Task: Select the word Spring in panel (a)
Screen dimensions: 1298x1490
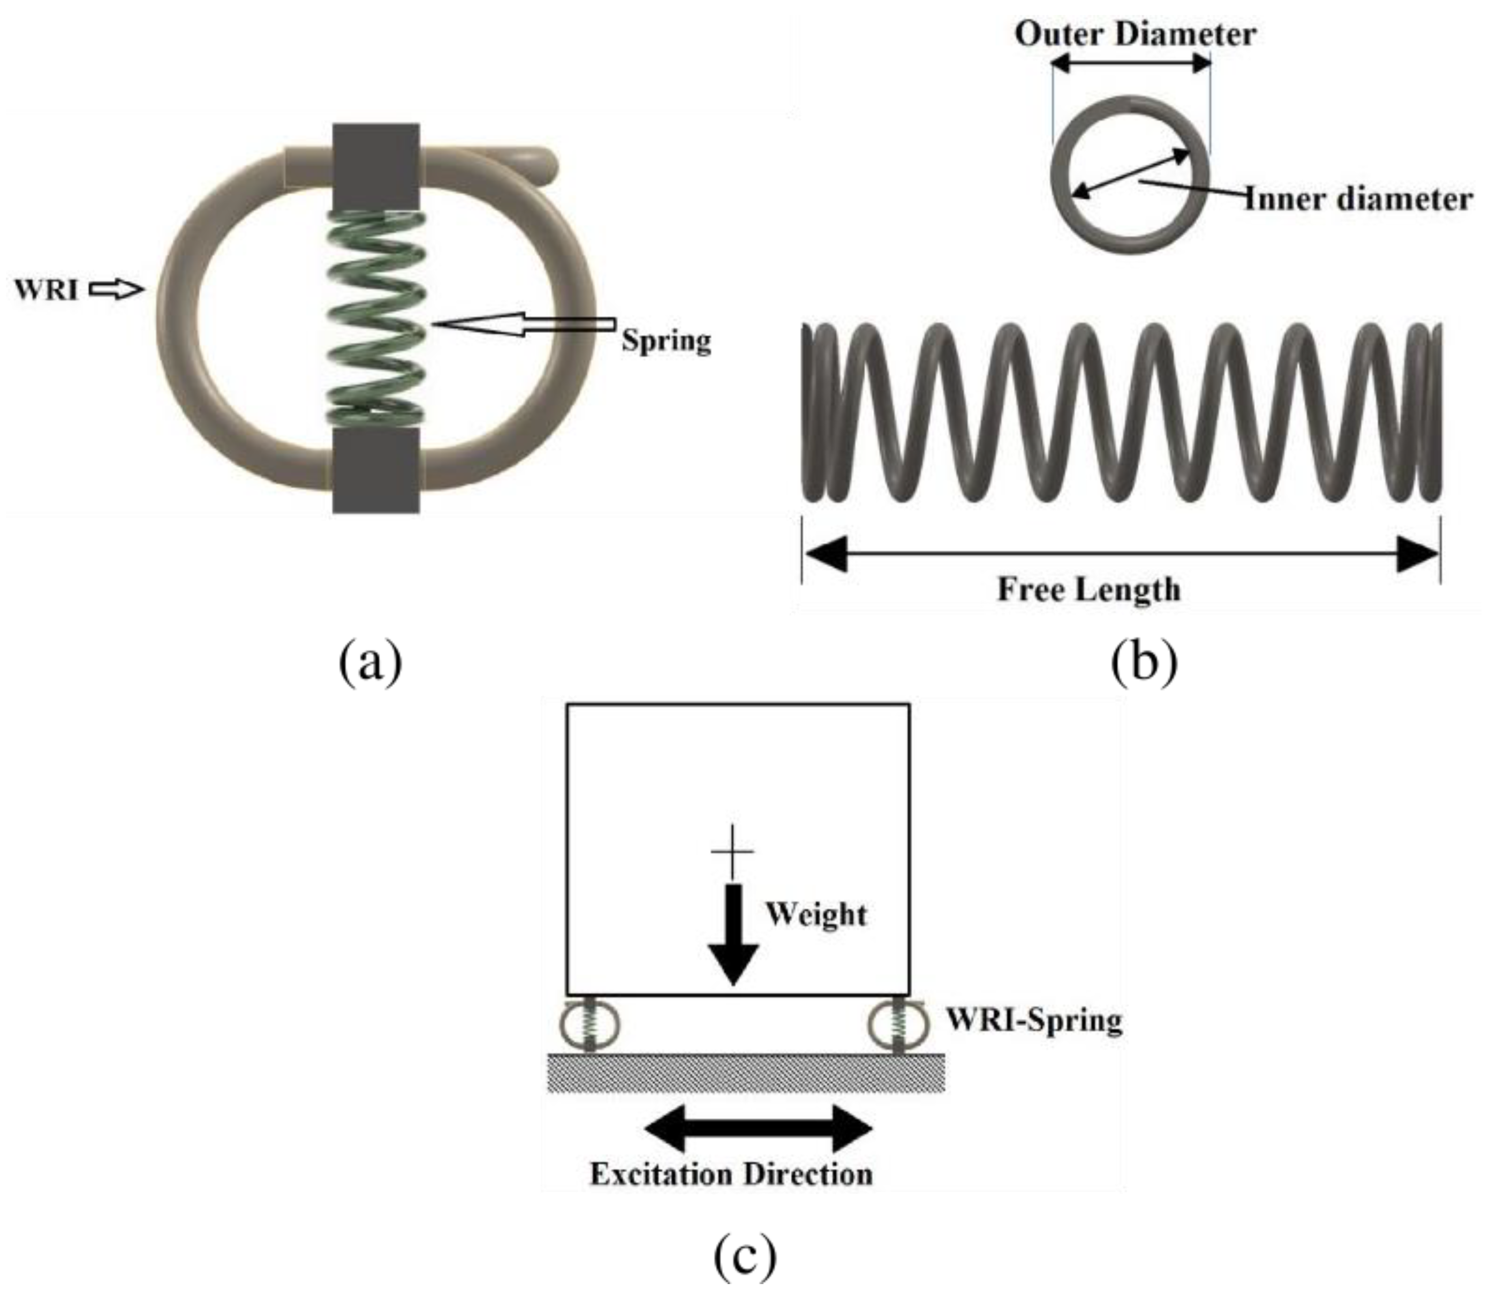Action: (x=665, y=340)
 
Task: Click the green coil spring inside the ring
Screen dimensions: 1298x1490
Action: (x=375, y=318)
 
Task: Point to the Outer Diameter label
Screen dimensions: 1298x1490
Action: (x=1134, y=34)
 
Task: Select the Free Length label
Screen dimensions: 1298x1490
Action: (x=1088, y=589)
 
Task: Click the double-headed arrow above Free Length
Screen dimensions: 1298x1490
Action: (x=1120, y=555)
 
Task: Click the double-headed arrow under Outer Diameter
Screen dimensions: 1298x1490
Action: (x=1131, y=63)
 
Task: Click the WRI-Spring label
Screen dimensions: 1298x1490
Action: (x=1034, y=1021)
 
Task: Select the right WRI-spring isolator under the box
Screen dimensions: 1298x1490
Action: (x=898, y=1023)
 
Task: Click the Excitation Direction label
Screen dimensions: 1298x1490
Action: (x=731, y=1175)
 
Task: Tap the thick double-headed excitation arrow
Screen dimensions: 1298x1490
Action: (x=757, y=1128)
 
